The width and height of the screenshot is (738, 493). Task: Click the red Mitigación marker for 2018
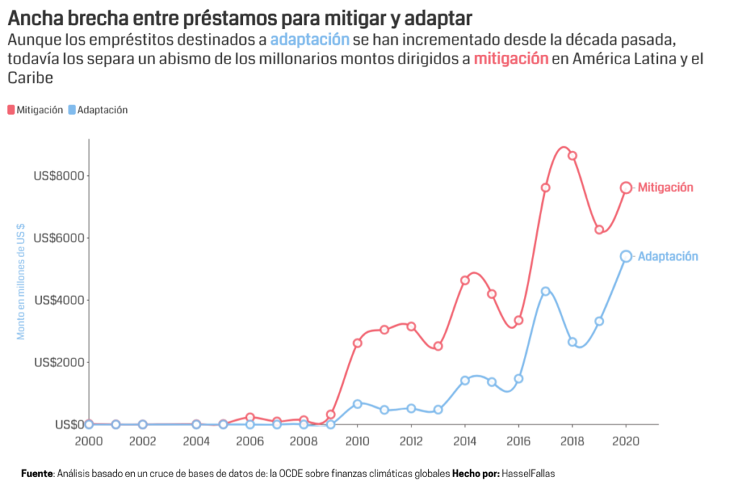click(572, 156)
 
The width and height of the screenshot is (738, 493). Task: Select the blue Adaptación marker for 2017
click(546, 292)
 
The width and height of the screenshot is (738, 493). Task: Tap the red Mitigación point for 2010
click(357, 343)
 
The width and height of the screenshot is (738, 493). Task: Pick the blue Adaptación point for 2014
click(465, 380)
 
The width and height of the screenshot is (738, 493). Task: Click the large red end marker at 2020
click(626, 188)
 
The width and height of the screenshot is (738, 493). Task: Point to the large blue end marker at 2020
click(626, 256)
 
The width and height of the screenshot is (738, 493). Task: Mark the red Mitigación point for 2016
click(518, 320)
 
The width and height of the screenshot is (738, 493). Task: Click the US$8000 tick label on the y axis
click(59, 175)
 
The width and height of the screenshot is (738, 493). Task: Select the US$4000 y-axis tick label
click(59, 300)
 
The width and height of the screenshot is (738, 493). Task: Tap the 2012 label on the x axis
click(411, 440)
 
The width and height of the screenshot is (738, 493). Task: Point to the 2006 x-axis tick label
click(250, 440)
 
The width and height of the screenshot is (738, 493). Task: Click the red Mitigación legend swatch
click(11, 110)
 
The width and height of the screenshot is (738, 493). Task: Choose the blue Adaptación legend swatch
click(71, 110)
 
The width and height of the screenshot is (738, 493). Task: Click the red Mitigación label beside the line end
click(665, 188)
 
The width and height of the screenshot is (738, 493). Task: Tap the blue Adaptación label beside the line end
click(668, 256)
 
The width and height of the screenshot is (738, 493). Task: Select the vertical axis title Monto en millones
click(21, 282)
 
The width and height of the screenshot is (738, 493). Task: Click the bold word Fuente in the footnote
click(37, 474)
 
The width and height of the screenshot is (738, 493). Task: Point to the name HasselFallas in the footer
click(529, 474)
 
